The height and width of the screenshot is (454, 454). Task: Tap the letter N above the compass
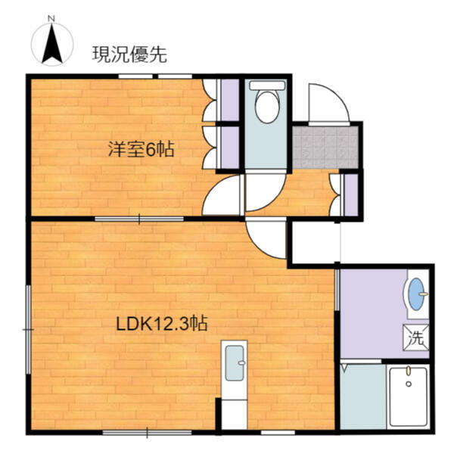coord(51,19)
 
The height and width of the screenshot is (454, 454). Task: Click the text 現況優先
coord(129,54)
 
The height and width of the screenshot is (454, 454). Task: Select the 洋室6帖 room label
coord(141,149)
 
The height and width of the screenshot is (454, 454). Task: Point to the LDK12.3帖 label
coord(162,324)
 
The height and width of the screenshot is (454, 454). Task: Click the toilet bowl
coord(267,107)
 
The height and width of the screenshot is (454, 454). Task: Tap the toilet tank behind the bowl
coord(267,86)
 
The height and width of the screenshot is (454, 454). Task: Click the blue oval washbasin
coord(417,294)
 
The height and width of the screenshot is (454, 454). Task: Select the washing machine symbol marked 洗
coord(415,337)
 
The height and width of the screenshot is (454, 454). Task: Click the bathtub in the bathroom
coord(409,396)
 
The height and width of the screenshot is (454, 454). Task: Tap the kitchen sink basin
coord(235,363)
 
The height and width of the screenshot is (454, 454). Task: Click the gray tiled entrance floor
coord(325,148)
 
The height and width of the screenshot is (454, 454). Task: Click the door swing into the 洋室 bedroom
coord(222,194)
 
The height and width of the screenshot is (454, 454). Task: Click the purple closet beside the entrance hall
coord(351,195)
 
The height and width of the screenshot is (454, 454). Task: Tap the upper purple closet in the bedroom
coord(230,100)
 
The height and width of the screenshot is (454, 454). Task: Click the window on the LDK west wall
coord(29,329)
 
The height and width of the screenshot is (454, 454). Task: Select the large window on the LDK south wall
coord(147,433)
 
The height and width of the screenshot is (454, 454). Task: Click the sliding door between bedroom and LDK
coord(139,219)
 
